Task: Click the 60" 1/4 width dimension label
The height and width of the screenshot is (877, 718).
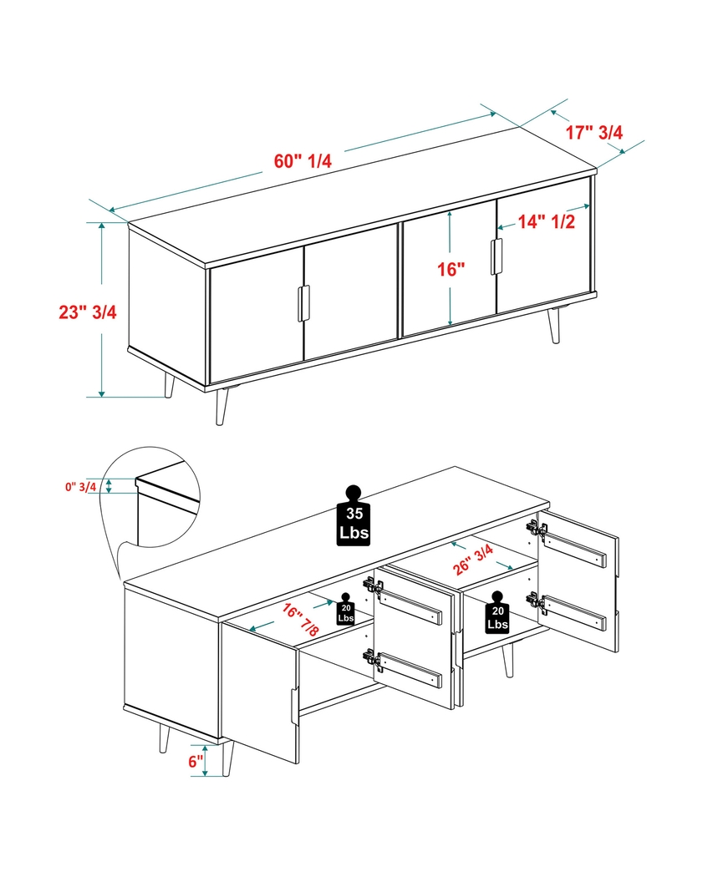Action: [x=303, y=161]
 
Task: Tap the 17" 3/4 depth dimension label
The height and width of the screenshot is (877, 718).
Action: [x=594, y=131]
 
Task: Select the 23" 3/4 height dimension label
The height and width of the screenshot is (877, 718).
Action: [x=88, y=312]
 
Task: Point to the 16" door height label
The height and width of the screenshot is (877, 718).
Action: [x=451, y=269]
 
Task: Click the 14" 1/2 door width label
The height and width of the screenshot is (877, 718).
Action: [x=546, y=222]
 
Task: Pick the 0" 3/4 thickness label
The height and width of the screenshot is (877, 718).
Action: [x=82, y=486]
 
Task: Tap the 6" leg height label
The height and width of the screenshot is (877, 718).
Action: [x=196, y=761]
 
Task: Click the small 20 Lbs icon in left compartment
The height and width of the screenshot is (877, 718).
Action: [x=345, y=610]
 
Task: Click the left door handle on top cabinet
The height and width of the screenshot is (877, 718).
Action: [x=303, y=303]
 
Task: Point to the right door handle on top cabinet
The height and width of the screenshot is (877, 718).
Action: [x=497, y=256]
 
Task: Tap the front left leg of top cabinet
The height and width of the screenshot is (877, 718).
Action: [x=222, y=406]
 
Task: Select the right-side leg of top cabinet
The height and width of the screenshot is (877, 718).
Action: [x=555, y=325]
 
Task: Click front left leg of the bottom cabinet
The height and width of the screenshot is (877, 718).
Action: [x=228, y=756]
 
